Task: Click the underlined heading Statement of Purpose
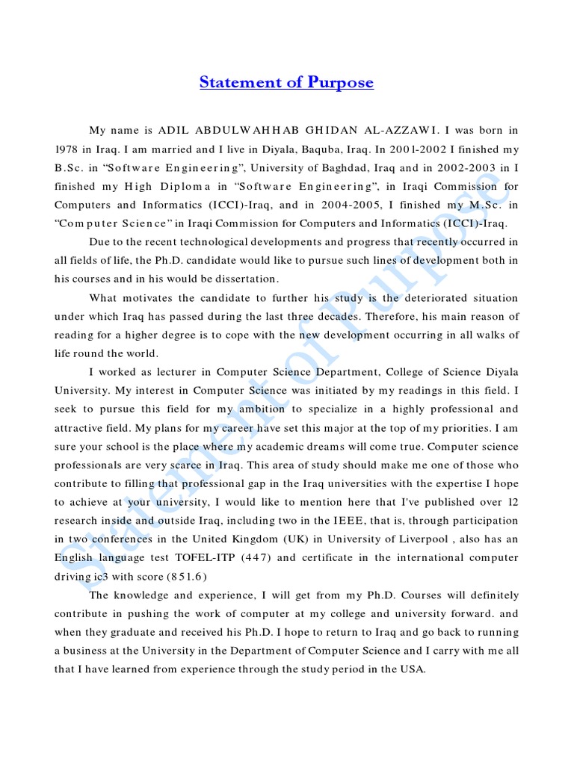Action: click(x=286, y=83)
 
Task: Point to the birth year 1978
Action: click(x=67, y=150)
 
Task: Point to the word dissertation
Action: click(x=242, y=279)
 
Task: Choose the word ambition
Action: click(x=260, y=409)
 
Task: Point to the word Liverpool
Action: click(x=423, y=538)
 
